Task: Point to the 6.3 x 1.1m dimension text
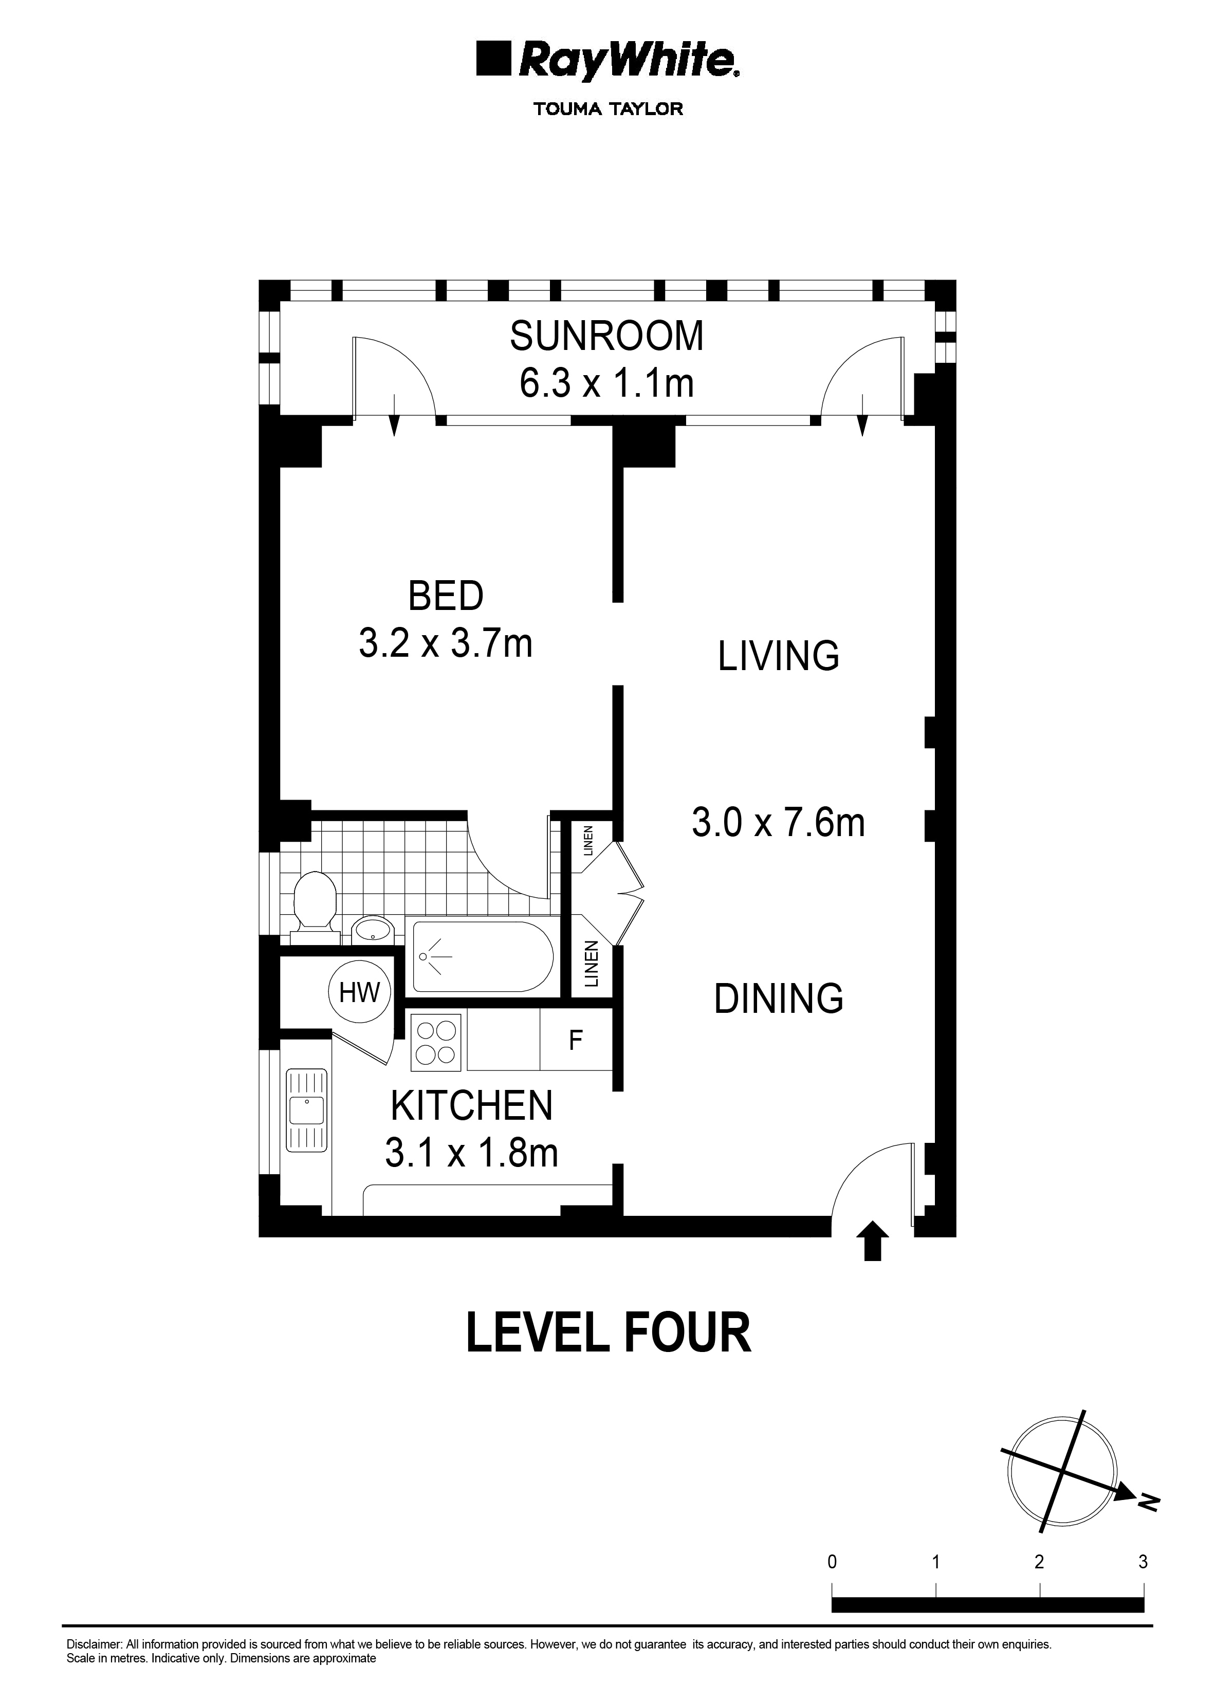click(x=606, y=384)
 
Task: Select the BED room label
click(x=446, y=596)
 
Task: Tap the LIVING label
click(x=778, y=656)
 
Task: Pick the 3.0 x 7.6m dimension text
click(x=778, y=823)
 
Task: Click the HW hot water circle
click(x=360, y=993)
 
